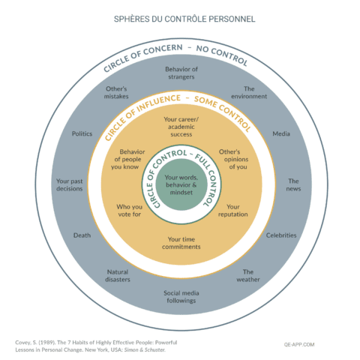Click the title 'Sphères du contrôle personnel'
tap(179, 17)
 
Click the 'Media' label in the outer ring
tap(281, 133)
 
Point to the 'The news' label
tap(293, 185)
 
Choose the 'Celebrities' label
tap(281, 235)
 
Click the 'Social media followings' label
tap(180, 296)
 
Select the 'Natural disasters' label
tap(118, 276)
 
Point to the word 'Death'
tap(82, 235)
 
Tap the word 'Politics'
tap(82, 133)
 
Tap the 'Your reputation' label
tap(233, 210)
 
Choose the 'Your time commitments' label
tap(180, 242)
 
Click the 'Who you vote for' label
tap(128, 210)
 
